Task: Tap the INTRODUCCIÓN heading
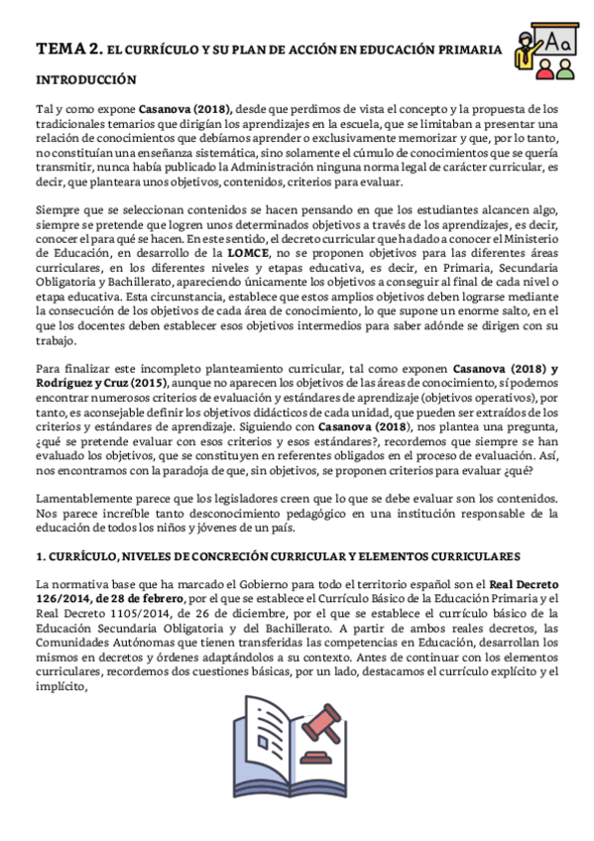(86, 78)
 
